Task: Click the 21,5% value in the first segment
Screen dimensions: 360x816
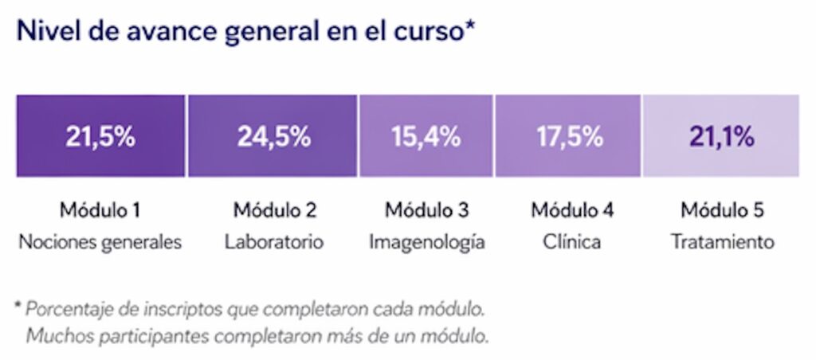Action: [100, 136]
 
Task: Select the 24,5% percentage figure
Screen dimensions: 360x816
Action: [273, 136]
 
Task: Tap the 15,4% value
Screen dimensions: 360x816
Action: [426, 136]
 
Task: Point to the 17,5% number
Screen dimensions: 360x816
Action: [568, 136]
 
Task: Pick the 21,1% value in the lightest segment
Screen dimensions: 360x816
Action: [721, 136]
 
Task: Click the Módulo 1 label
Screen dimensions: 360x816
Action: [100, 211]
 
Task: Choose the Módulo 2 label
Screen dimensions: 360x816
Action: [273, 211]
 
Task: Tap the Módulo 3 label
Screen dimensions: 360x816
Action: [426, 211]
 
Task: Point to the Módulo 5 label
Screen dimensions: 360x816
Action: [722, 211]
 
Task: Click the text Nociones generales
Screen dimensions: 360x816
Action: [100, 241]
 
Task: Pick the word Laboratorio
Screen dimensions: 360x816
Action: [273, 241]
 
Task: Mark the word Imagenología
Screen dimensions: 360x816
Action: [426, 241]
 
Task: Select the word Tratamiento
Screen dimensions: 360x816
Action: [722, 241]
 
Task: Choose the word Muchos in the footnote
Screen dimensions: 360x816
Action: [54, 335]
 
